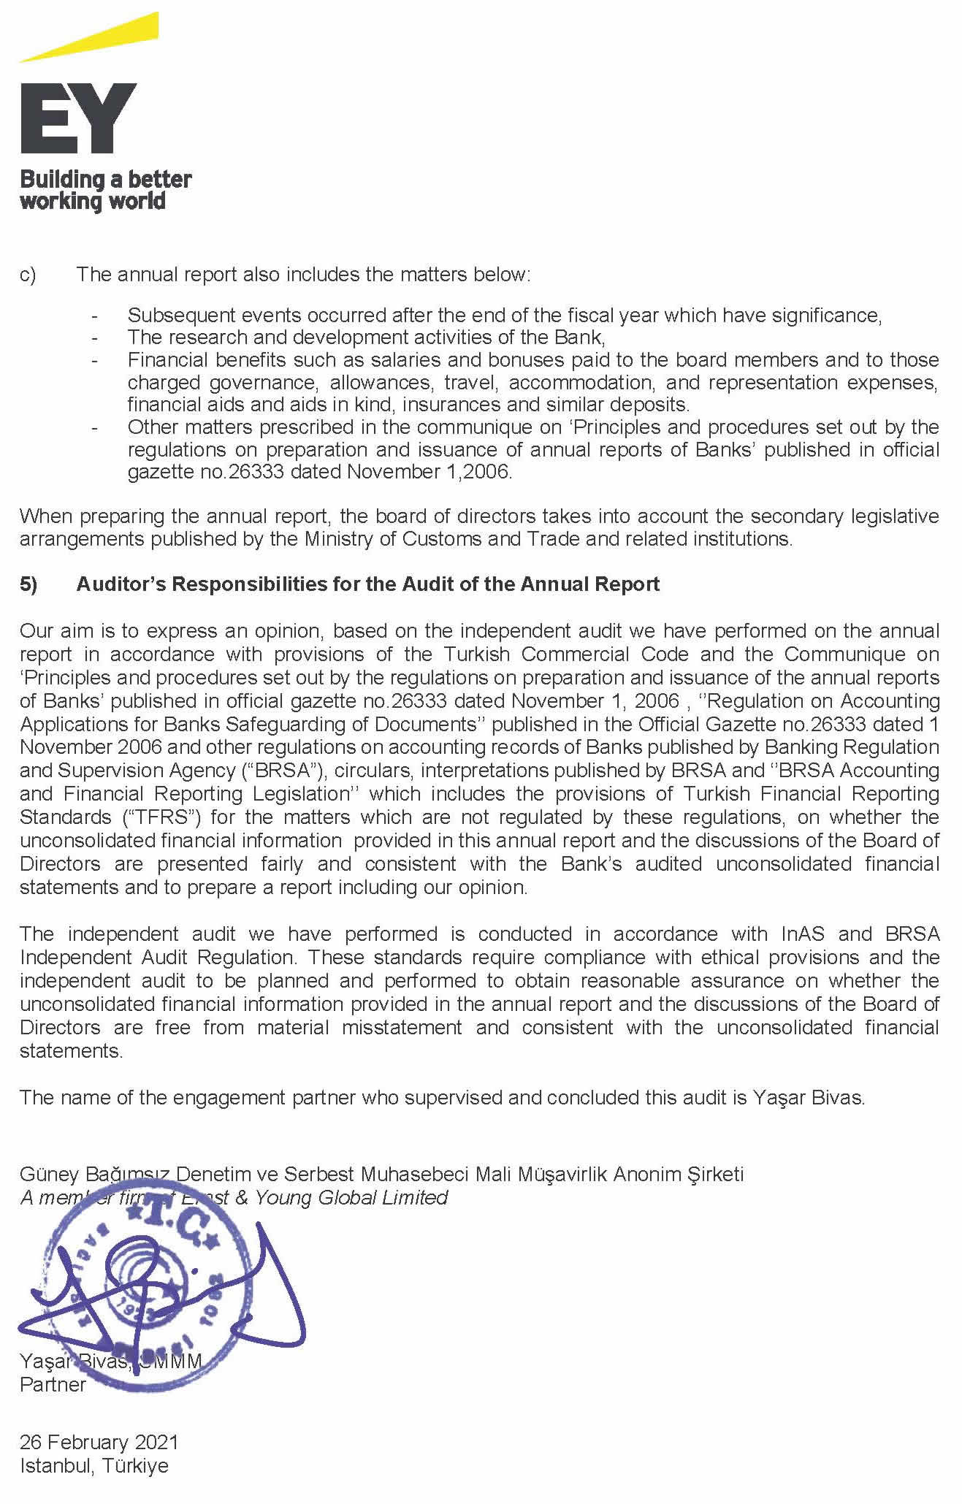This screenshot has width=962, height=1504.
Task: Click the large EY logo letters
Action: click(78, 118)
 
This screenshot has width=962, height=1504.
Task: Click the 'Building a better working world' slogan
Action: click(105, 190)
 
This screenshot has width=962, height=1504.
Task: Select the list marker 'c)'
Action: click(28, 275)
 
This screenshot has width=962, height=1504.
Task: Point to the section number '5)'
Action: click(28, 584)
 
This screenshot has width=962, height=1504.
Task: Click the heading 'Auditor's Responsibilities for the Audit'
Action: click(368, 584)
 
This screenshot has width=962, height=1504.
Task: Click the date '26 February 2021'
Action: click(99, 1442)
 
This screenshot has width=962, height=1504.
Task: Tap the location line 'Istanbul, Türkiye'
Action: click(94, 1465)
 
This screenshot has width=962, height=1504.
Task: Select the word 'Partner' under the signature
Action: click(53, 1384)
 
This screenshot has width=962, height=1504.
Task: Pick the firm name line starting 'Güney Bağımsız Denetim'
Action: click(381, 1174)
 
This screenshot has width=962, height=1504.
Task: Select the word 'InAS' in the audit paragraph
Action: click(803, 934)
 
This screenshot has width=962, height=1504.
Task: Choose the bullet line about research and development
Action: click(366, 337)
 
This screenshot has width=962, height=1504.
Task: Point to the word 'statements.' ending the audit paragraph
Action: click(72, 1050)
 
